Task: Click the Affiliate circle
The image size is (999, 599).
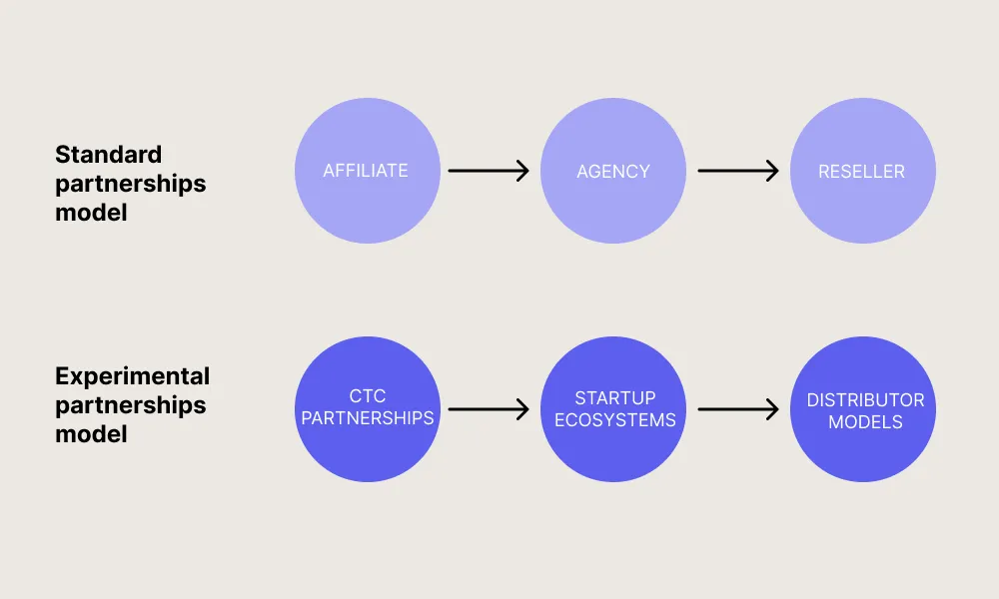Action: point(367,171)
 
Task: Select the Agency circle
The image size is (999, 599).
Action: point(613,171)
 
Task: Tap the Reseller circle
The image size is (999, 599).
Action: point(862,171)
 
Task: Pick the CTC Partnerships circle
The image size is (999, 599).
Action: point(367,408)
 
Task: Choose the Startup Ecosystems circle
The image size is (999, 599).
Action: point(613,408)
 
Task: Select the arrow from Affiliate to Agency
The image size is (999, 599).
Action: point(489,171)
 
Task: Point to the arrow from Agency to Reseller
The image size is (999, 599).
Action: point(737,171)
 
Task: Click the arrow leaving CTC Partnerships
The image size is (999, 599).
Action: point(489,408)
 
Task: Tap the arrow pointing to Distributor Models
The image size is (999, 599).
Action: point(737,408)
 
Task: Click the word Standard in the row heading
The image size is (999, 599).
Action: point(108,155)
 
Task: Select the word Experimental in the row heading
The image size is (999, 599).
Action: point(132,376)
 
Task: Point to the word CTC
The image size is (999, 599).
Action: point(368,397)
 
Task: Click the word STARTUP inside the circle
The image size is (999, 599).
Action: point(614,398)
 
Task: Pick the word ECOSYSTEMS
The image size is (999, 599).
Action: point(614,420)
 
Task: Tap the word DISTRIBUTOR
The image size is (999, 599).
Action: point(865,400)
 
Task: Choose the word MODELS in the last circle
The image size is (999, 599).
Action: point(865,422)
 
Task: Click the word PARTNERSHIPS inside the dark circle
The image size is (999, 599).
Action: point(368,418)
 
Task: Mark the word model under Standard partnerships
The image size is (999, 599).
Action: point(91,213)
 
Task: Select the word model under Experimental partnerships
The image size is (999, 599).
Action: point(91,434)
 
